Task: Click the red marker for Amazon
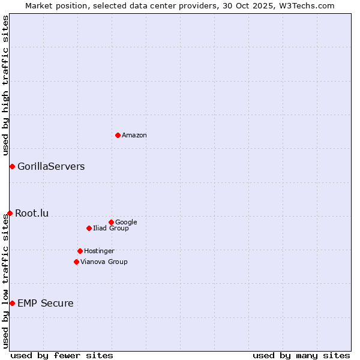118,135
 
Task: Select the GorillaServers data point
12,166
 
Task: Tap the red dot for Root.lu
10,213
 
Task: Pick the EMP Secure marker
12,303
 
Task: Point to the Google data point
111,222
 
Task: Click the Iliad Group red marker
89,228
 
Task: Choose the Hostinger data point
80,251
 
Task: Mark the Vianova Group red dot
76,262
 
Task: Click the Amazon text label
134,136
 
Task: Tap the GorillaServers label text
51,167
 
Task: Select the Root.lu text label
32,213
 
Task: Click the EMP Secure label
46,304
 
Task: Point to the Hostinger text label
99,251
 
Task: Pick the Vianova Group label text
104,262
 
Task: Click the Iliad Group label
111,229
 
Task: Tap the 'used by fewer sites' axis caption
62,355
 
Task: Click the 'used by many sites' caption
301,355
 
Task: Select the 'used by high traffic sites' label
6,85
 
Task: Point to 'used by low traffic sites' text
6,281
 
